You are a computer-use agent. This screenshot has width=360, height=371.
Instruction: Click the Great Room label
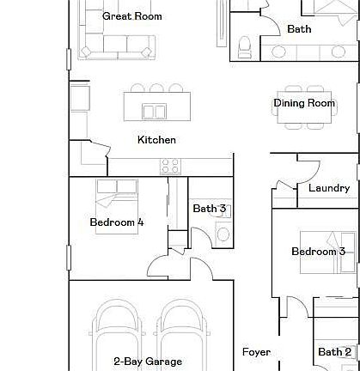point(132,15)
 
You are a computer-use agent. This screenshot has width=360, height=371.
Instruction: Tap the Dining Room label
point(304,103)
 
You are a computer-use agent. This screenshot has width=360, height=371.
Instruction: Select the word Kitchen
point(156,139)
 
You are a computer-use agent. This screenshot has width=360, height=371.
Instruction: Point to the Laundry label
point(328,188)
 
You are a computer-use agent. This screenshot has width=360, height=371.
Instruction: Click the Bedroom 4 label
point(117,222)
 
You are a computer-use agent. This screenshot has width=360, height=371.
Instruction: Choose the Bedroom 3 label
point(318,252)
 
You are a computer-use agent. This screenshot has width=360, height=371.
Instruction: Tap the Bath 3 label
point(209,208)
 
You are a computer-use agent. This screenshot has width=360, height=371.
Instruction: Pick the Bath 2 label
point(334,352)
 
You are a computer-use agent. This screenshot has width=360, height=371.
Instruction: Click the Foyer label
point(256,352)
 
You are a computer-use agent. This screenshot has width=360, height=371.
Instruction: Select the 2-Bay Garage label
point(148,362)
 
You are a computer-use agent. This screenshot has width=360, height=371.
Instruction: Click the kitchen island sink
point(155,111)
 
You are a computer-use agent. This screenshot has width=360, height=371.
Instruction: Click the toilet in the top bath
point(244,44)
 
